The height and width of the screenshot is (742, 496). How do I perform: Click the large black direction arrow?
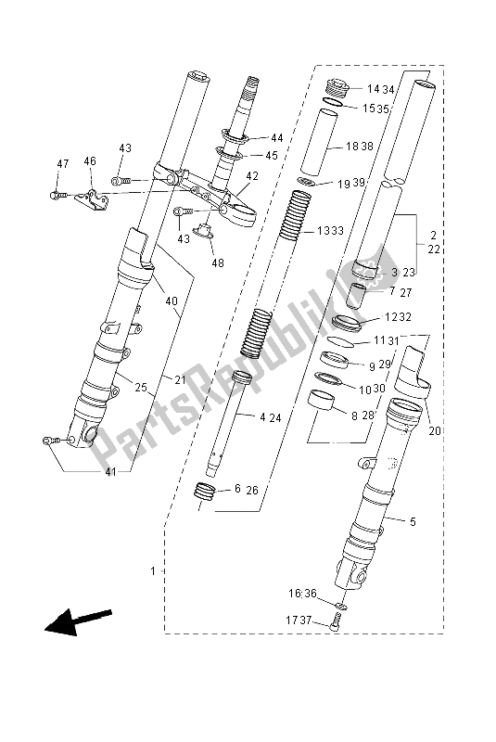coord(78,620)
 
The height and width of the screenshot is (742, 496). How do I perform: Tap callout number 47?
coord(63,164)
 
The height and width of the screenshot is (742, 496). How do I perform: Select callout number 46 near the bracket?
coord(90,160)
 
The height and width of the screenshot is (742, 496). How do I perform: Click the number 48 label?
coord(218,262)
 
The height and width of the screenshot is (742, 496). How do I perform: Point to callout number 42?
coord(252,176)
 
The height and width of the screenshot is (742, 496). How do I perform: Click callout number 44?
coord(277,137)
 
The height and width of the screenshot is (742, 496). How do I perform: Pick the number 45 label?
coord(272,155)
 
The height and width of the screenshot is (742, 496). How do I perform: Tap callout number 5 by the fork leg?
coord(413,521)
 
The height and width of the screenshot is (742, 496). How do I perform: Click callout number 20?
coord(435,430)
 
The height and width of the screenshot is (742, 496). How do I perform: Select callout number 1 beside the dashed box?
coord(153,571)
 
